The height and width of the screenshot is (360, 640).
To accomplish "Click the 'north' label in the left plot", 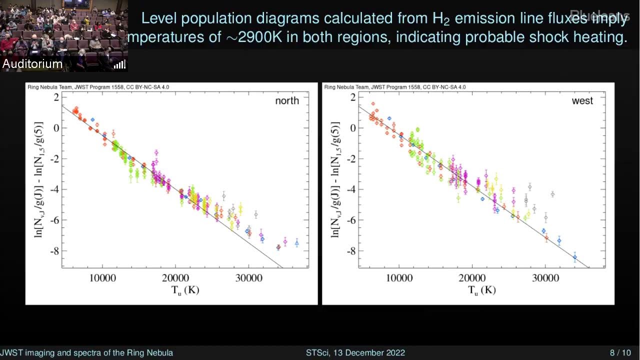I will pyautogui.click(x=287, y=100).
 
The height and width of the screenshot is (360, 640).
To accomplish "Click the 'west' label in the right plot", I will pyautogui.click(x=582, y=100).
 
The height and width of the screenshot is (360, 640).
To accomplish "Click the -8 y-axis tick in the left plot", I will pyautogui.click(x=53, y=250).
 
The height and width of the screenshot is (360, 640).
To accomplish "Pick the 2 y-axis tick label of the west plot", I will pyautogui.click(x=353, y=97).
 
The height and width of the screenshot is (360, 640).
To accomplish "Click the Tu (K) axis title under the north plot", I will pyautogui.click(x=185, y=290).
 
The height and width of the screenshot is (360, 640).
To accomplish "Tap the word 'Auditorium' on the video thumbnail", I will pyautogui.click(x=32, y=63).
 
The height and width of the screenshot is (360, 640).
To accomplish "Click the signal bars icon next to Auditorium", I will pyautogui.click(x=119, y=64).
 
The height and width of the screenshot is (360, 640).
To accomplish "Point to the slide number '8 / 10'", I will pyautogui.click(x=620, y=352).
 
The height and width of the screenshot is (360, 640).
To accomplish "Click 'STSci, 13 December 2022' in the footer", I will pyautogui.click(x=355, y=352).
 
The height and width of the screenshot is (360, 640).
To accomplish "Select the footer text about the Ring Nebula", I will pyautogui.click(x=86, y=352).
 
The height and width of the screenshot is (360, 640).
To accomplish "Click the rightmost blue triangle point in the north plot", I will pyautogui.click(x=296, y=243).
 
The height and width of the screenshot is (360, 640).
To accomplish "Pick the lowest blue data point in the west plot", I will pyautogui.click(x=575, y=257).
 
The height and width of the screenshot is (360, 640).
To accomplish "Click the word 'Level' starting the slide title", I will pyautogui.click(x=159, y=18).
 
